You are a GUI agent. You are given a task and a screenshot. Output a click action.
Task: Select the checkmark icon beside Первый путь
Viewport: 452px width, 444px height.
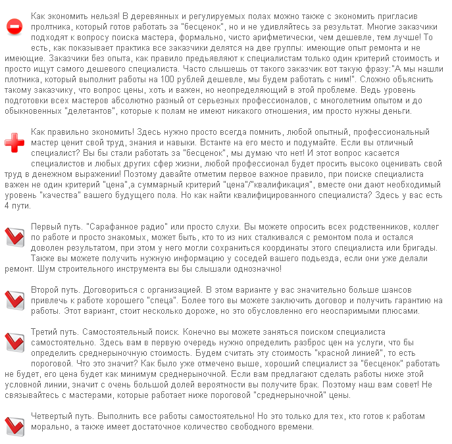coord(14,237)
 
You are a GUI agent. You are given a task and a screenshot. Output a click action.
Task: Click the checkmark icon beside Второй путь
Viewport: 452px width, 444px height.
coord(14,299)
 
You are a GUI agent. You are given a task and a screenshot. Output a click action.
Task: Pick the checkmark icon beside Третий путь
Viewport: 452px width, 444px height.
coord(14,342)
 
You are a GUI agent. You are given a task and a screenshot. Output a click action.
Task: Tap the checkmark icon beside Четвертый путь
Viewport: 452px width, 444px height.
coord(14,426)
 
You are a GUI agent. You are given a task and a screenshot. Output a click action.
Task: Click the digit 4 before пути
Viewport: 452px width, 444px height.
coord(7,205)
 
